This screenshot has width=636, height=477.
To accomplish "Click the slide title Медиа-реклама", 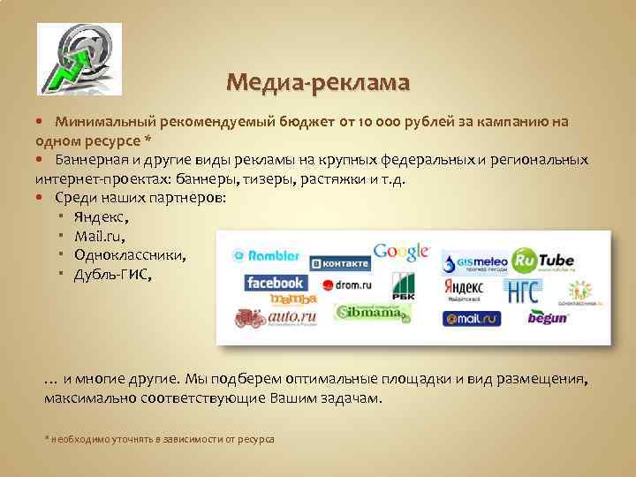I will (x=318, y=83).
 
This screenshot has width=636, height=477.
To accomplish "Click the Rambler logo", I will (x=266, y=255).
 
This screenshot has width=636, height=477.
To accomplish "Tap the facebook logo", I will (x=276, y=284).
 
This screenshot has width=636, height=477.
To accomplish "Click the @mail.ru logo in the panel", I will (x=473, y=318).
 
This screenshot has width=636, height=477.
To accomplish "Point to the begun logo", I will (x=547, y=318).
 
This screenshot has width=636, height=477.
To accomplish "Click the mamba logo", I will (x=275, y=299).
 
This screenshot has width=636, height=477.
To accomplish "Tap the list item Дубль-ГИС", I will (x=113, y=275).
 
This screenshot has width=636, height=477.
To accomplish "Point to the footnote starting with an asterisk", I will (x=159, y=438).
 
